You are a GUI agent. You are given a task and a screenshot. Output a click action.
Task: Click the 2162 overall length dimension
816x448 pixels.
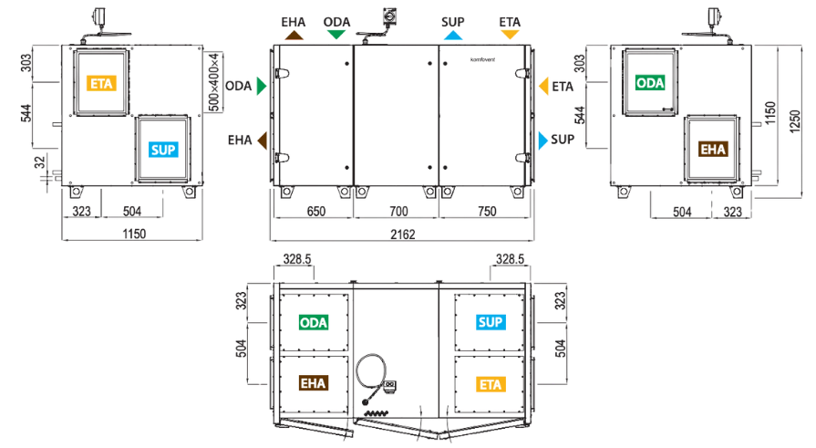click(x=403, y=234)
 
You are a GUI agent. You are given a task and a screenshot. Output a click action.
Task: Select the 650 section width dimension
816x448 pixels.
click(x=315, y=212)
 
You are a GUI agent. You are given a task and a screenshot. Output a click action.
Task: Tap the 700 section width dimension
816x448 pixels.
click(x=398, y=212)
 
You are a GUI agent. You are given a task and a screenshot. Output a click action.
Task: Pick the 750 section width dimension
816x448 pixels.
click(x=487, y=212)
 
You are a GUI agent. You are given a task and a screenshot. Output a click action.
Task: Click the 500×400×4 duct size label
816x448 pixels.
click(x=214, y=82)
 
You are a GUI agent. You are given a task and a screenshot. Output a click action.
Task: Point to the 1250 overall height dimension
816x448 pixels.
click(x=795, y=121)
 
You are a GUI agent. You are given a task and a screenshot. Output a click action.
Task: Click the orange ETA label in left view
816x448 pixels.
click(x=101, y=83)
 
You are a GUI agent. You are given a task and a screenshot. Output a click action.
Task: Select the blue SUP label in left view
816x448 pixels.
click(x=163, y=150)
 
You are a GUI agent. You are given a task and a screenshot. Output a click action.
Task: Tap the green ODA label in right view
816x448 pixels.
click(x=650, y=83)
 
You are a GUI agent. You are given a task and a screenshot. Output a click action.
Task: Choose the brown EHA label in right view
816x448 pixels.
click(x=713, y=150)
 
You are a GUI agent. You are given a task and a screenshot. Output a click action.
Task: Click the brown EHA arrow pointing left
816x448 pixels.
click(x=263, y=141)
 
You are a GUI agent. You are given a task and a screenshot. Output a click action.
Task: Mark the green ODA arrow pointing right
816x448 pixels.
click(x=262, y=86)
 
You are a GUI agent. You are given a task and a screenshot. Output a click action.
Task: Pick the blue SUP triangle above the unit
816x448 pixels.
click(x=453, y=36)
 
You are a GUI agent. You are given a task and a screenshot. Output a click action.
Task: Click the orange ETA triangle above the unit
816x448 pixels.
click(x=510, y=35)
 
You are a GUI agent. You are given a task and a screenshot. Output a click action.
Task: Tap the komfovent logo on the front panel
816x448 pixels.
click(x=483, y=60)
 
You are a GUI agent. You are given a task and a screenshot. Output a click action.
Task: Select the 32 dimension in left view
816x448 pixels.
click(x=40, y=162)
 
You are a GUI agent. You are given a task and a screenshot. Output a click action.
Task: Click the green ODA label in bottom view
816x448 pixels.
click(x=314, y=323)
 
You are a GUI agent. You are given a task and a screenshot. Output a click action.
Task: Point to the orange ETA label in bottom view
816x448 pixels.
click(x=491, y=384)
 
